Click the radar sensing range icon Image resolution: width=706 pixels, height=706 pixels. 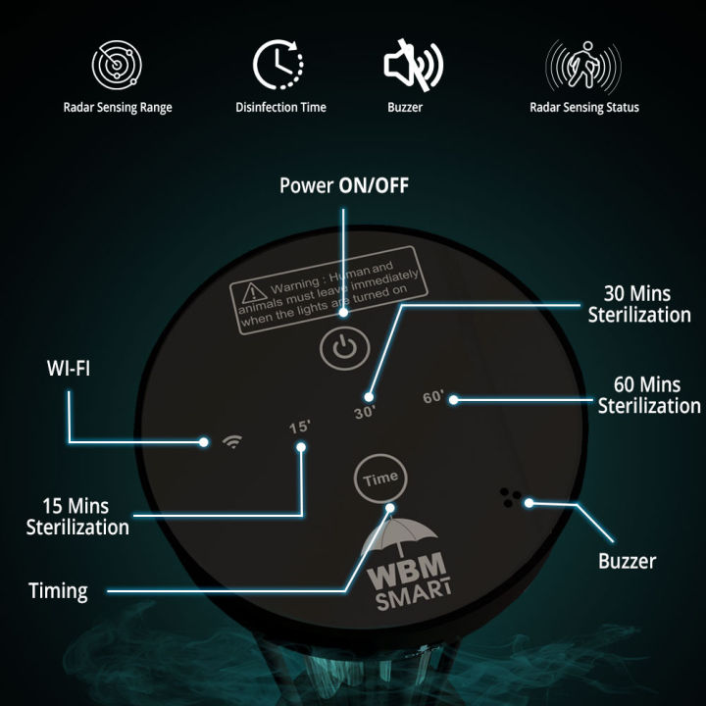[118, 65]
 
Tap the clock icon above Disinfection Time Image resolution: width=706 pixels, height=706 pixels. [280, 65]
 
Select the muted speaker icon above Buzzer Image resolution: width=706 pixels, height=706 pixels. [412, 65]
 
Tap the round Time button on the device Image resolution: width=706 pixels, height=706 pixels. [378, 478]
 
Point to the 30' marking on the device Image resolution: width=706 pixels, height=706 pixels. [365, 413]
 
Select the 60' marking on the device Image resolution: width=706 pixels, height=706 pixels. [432, 398]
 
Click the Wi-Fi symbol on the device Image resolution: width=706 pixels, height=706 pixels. [232, 441]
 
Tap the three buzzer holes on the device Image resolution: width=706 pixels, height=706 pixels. [510, 497]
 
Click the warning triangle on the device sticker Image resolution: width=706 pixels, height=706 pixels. [254, 291]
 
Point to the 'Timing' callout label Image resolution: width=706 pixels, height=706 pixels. [58, 590]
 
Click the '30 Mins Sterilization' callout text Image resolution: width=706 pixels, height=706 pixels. [638, 306]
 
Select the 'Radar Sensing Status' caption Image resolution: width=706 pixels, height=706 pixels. [583, 107]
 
